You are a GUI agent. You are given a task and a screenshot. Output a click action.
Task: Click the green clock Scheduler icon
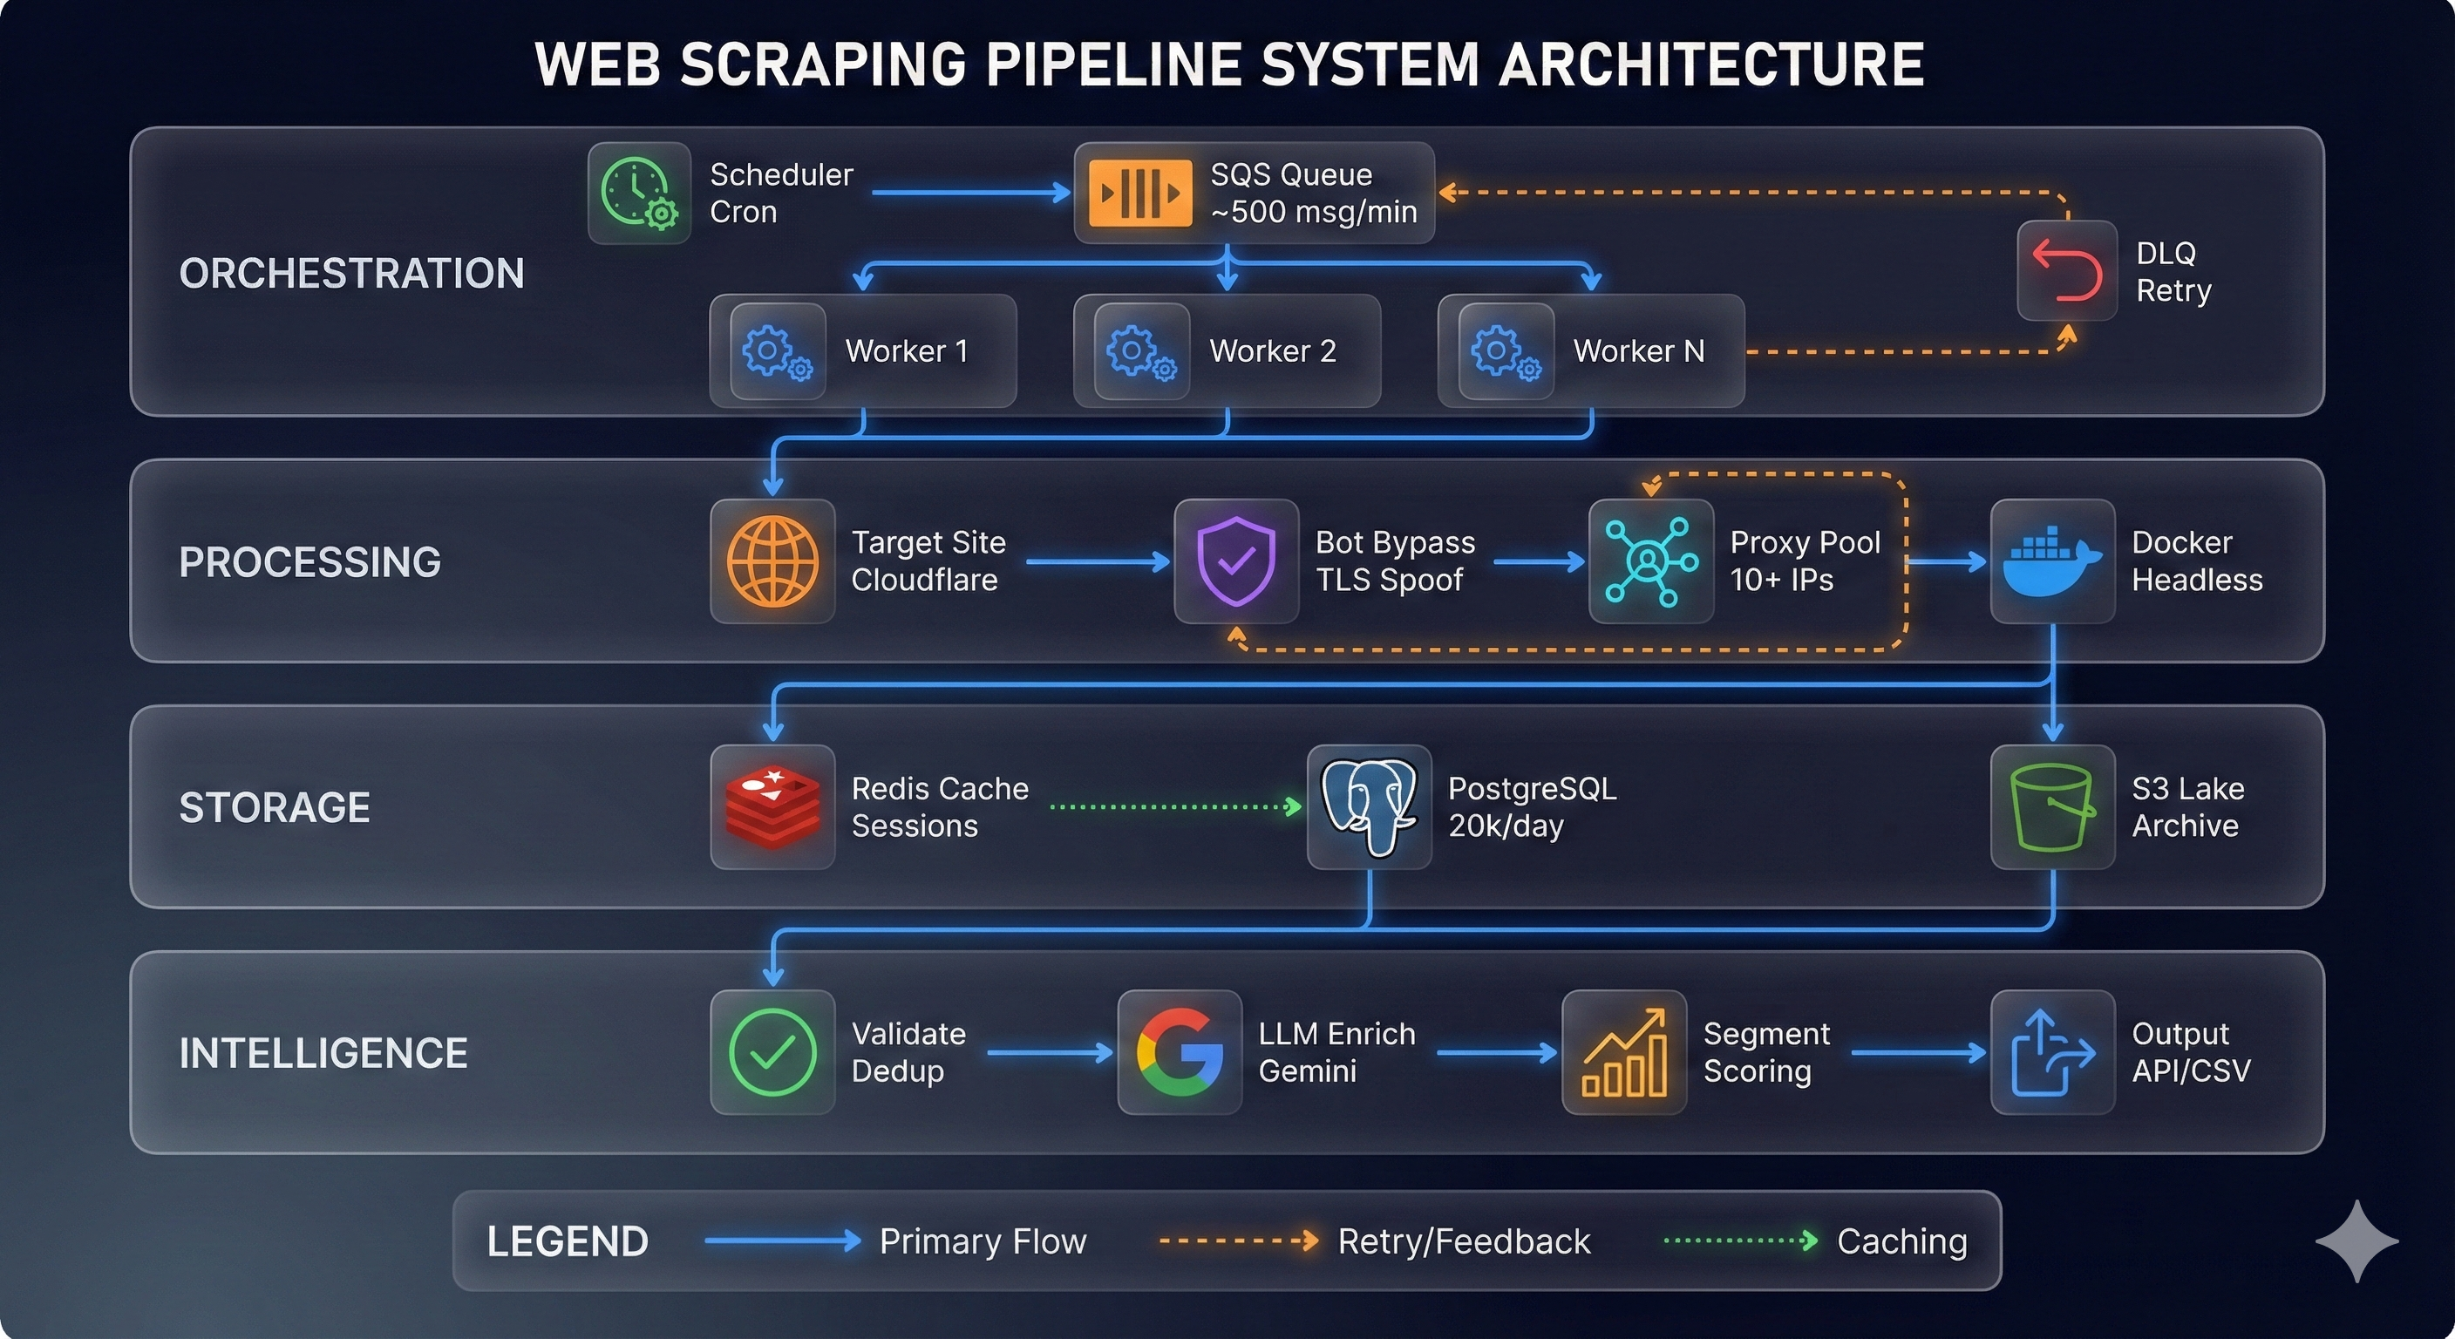[638, 194]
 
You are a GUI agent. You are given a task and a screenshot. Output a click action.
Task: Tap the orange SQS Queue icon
[1139, 194]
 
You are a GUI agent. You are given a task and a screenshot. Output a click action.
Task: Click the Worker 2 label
[1272, 350]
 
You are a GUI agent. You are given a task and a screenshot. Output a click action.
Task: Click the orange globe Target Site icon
[772, 561]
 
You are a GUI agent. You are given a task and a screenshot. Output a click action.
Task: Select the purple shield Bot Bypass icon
[1236, 561]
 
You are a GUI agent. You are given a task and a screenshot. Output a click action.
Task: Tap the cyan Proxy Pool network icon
[1650, 561]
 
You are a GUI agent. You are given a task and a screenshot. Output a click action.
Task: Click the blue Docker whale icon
[2052, 561]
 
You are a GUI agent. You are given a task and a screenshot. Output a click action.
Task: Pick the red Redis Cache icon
[772, 806]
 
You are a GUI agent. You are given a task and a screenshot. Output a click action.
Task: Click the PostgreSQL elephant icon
[1369, 806]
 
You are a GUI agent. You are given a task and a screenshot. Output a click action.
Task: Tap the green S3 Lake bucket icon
[2052, 806]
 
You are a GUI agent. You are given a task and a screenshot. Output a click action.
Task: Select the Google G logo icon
[1179, 1052]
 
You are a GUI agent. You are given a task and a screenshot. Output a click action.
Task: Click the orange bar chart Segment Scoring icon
[1624, 1052]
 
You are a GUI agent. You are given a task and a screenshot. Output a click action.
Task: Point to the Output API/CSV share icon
[2052, 1052]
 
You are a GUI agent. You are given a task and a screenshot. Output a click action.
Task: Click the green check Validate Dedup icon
[772, 1052]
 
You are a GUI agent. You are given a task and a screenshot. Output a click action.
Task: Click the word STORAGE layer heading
[275, 807]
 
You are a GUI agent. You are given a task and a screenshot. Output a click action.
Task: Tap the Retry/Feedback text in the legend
[1463, 1240]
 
